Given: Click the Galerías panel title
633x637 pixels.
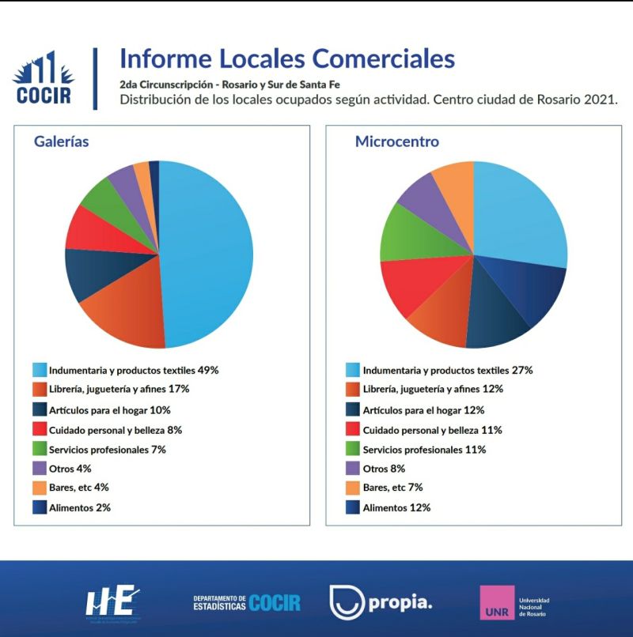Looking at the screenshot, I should point(61,142).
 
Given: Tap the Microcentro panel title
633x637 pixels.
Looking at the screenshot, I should point(396,142).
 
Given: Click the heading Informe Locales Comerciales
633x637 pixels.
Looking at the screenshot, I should point(286,59).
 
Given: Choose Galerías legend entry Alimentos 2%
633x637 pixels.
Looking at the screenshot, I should point(79,508).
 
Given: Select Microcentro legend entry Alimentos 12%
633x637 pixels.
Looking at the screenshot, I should point(396,508).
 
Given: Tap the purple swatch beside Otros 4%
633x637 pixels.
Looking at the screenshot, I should point(39,469).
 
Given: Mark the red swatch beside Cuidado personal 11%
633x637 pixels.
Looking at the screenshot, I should point(354,430).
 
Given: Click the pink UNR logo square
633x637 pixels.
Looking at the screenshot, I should point(497,602).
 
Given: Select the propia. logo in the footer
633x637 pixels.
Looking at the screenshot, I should point(380,603).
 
